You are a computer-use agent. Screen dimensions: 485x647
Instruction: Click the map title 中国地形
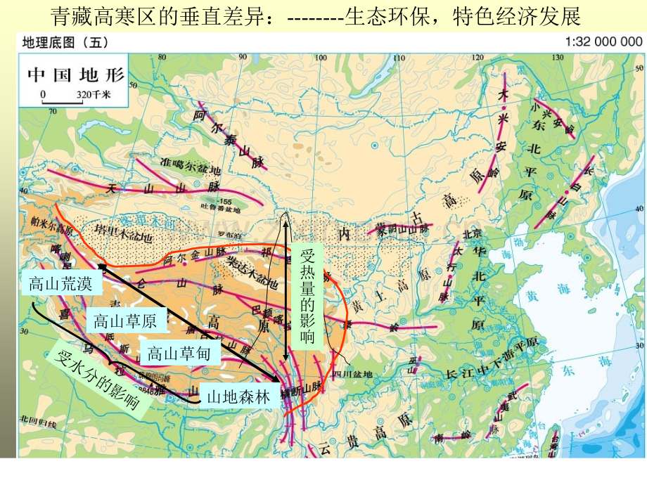(x=74, y=73)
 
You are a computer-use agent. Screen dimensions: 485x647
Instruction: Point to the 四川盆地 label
(x=352, y=374)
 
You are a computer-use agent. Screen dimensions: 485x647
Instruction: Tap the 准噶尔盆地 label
(x=190, y=163)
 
